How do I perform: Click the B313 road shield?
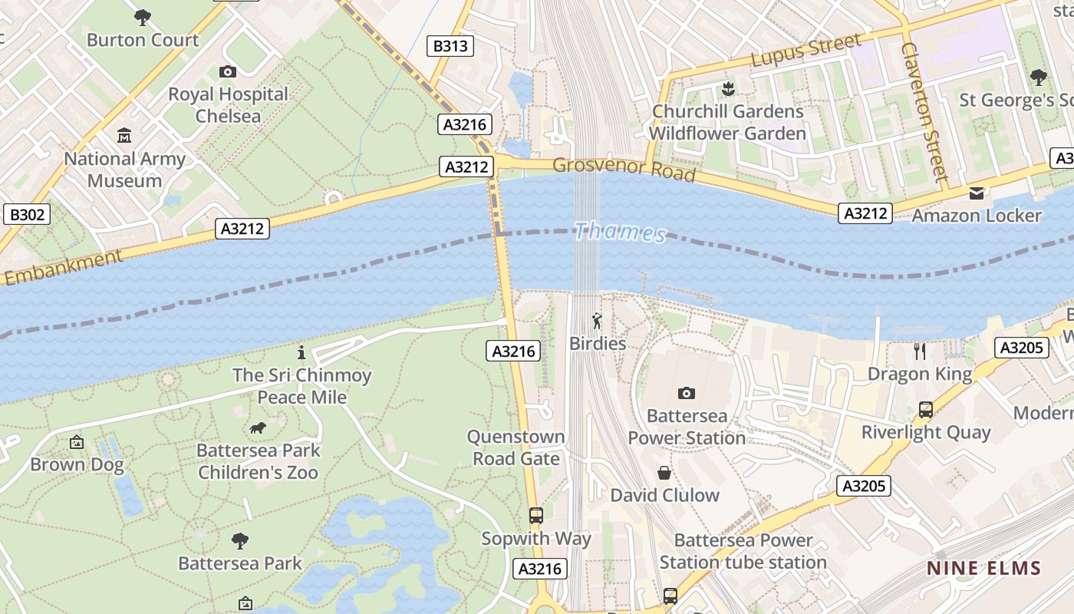tap(450, 46)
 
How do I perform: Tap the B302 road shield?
tap(27, 214)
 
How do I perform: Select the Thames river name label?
tap(620, 232)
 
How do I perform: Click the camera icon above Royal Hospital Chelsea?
tap(228, 71)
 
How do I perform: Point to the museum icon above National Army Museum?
tap(124, 136)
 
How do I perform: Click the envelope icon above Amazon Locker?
tap(976, 193)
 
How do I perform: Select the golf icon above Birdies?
tap(597, 321)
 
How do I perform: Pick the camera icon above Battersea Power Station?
tap(686, 393)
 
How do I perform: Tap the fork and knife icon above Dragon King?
tap(920, 352)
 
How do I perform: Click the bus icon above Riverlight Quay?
tap(926, 410)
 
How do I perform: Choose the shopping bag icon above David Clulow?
tap(664, 473)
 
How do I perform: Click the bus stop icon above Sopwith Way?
tap(536, 516)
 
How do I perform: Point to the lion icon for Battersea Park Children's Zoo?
tap(258, 427)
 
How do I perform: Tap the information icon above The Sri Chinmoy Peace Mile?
tap(301, 353)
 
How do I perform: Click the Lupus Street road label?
tap(805, 51)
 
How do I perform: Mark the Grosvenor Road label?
tap(624, 170)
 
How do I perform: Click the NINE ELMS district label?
tap(983, 569)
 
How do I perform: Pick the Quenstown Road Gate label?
tap(516, 447)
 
